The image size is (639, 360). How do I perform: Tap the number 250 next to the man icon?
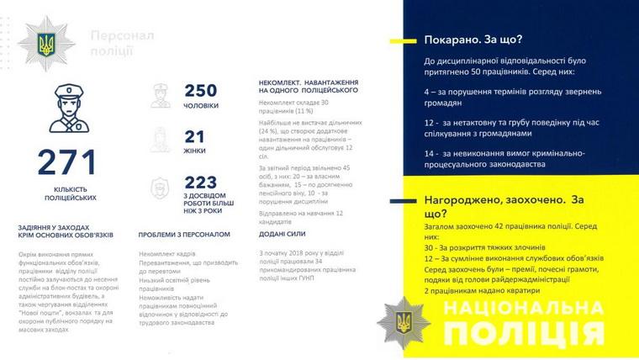click(x=200, y=91)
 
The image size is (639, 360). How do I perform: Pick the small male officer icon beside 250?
click(x=160, y=96)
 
